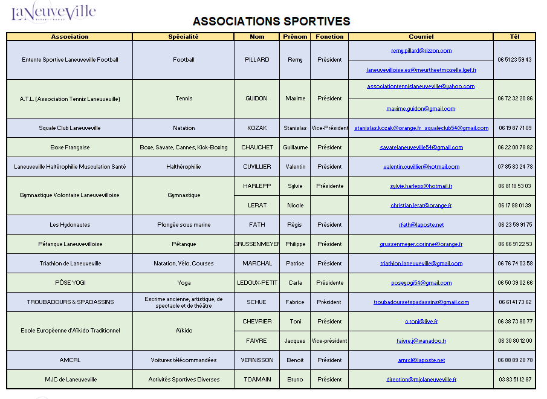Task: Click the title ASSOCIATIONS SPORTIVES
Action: coord(271,21)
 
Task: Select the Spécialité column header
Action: coord(183,37)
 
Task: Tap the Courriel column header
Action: coord(421,37)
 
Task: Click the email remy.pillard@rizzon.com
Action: coord(421,51)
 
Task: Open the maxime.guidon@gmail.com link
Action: coord(421,109)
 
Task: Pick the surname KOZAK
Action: coord(257,128)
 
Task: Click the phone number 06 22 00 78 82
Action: coord(515,148)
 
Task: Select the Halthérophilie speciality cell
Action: coord(183,167)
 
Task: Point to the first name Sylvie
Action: coord(295,186)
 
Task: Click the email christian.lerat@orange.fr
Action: coord(421,206)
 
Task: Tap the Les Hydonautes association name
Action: coord(70,225)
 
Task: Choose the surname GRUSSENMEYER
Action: coord(257,244)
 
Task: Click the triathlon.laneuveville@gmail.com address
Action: coord(421,264)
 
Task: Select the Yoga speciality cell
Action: coord(184,283)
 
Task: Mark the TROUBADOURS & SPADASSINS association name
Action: coord(70,302)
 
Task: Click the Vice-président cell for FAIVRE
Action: coord(329,341)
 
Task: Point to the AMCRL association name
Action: coord(70,360)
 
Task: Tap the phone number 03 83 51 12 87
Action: coord(515,380)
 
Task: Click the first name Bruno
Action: coord(295,380)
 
